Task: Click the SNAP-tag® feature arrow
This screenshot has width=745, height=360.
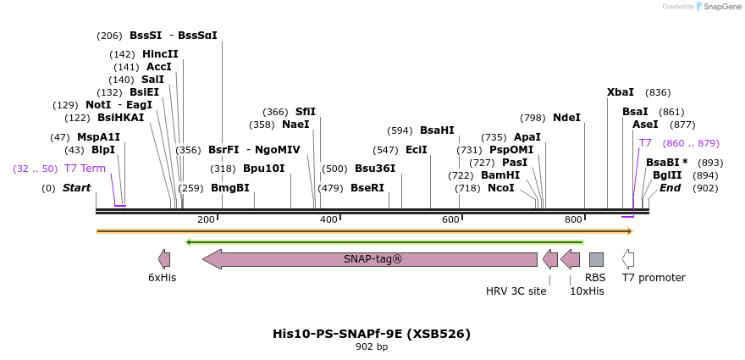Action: tap(370, 259)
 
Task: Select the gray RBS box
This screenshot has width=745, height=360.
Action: tap(596, 259)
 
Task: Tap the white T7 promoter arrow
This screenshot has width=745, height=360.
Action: tap(627, 259)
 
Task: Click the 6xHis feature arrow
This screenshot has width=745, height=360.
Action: tap(163, 259)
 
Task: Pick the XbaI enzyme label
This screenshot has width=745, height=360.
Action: tap(621, 92)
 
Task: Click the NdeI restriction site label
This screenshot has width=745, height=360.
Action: tap(566, 118)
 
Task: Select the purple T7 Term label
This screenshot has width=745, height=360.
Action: tap(85, 169)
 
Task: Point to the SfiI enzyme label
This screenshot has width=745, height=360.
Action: tap(305, 112)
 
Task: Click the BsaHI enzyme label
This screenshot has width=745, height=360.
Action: tap(437, 130)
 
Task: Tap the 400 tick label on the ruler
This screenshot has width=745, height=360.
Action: tap(328, 220)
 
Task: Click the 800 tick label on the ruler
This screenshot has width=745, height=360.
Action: tap(573, 220)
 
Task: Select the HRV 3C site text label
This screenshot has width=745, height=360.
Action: tap(516, 291)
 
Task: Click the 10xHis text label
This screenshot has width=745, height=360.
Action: tap(587, 291)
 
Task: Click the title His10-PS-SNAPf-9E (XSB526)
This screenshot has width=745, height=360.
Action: tap(372, 334)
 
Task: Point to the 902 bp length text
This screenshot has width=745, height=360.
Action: tap(372, 347)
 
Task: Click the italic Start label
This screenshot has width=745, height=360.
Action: tap(76, 188)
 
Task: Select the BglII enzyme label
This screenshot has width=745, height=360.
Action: tap(667, 175)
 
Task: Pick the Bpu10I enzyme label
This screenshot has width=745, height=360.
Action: tap(263, 169)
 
